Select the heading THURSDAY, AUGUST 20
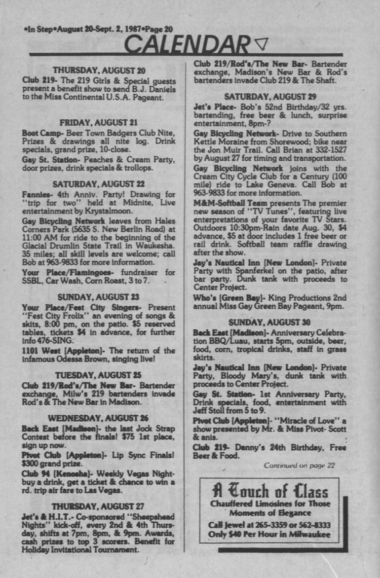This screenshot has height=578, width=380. pos(99,71)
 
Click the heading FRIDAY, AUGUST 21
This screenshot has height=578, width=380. pos(99,122)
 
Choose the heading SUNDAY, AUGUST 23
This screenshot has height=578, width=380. pos(99,297)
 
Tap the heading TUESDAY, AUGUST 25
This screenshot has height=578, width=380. pos(99,375)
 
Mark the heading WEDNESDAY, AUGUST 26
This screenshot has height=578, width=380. pos(99,418)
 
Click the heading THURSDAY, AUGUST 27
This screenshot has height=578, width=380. pos(99,506)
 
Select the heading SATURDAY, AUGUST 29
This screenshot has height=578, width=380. pos(270,97)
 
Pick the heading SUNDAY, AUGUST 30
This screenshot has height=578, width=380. pos(270,323)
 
